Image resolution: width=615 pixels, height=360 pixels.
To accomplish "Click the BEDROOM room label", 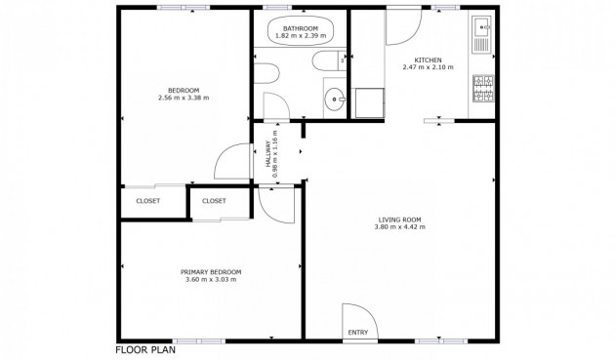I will [x=184, y=91].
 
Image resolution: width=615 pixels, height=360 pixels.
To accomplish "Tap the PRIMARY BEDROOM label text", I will [x=211, y=272].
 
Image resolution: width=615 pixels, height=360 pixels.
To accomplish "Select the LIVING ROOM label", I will [x=399, y=220].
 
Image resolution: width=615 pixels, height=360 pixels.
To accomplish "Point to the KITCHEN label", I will [x=428, y=60].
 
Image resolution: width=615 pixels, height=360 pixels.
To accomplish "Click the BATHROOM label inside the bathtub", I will [x=301, y=29].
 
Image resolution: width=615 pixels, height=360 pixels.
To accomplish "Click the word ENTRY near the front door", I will [x=357, y=333].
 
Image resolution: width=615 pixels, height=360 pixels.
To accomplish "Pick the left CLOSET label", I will [x=148, y=201].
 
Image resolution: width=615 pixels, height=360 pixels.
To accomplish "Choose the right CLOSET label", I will [x=214, y=201].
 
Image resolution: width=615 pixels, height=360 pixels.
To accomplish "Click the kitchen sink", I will [x=480, y=37].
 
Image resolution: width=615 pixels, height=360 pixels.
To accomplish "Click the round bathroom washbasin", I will [x=335, y=98].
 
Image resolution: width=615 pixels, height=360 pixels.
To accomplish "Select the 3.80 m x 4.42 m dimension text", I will [x=399, y=227].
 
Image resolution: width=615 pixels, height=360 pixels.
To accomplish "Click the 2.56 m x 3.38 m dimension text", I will [x=184, y=98].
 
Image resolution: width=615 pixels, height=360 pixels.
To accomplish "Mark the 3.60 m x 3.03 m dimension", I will [x=211, y=280].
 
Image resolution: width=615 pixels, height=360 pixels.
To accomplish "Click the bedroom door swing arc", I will [x=230, y=162].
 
